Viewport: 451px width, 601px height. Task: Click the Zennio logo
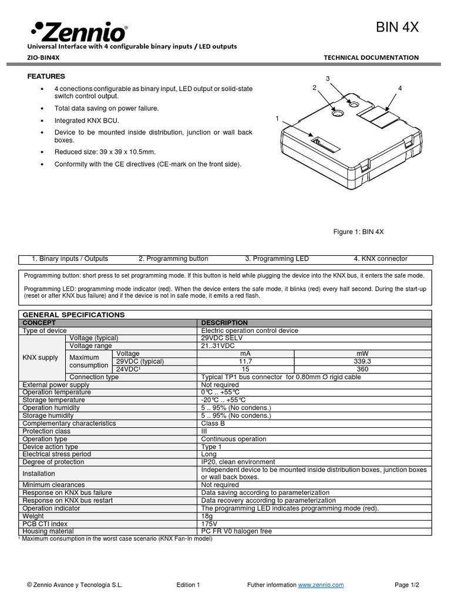point(79,30)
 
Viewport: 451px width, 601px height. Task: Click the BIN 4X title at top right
point(397,28)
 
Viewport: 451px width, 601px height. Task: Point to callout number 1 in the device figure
point(277,119)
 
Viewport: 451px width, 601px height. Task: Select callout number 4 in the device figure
point(399,88)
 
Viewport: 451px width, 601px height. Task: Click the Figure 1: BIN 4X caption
point(358,232)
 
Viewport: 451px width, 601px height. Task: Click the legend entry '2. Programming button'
point(173,259)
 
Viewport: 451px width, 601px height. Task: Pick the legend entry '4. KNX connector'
point(380,259)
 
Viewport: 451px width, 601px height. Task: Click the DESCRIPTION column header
point(224,323)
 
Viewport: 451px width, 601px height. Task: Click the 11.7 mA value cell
point(245,362)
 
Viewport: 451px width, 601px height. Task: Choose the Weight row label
point(33,516)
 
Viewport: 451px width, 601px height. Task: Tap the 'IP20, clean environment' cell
point(238,462)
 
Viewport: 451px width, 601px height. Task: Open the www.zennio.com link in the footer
point(321,585)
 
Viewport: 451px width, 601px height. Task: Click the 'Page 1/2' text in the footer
point(408,585)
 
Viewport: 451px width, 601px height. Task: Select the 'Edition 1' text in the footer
point(188,585)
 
